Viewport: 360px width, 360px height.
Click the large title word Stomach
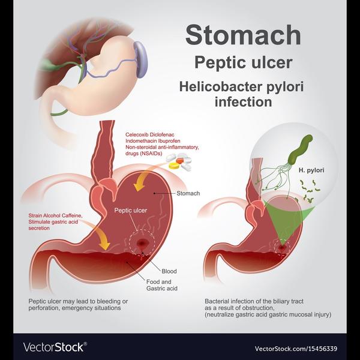tap(243, 35)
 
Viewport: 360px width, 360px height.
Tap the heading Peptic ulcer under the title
tap(244, 62)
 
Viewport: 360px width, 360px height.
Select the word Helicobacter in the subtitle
tap(221, 86)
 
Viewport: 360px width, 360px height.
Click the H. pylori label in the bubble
tap(311, 170)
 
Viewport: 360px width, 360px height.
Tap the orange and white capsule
tap(183, 160)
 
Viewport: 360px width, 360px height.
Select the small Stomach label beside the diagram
tap(188, 193)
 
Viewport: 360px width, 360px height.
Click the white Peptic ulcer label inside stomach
tap(131, 211)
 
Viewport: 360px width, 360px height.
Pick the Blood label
tap(169, 271)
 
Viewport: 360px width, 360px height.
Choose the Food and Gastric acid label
tap(162, 285)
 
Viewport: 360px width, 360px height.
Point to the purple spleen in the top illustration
tap(140, 59)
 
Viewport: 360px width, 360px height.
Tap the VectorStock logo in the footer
tap(55, 347)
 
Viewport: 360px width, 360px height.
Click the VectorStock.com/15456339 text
tap(296, 349)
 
